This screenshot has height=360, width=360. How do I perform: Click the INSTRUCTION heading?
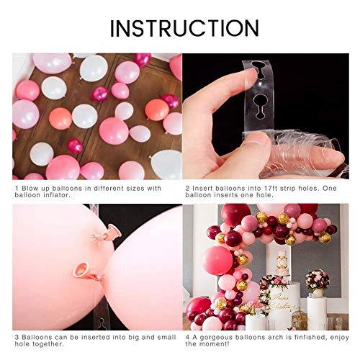tap(184, 28)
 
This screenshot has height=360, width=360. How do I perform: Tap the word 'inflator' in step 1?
tap(56, 195)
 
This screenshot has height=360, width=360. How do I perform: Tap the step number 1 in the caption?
tap(17, 189)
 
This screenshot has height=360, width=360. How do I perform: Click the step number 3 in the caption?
tap(17, 338)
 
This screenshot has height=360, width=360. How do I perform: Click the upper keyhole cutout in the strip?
tap(258, 70)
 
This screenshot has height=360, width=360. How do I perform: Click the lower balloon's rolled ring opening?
tap(81, 269)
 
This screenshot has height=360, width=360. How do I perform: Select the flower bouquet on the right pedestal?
tap(318, 280)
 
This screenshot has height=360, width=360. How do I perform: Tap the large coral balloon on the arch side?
tap(217, 261)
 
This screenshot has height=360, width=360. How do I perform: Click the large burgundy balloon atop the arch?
tap(235, 215)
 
